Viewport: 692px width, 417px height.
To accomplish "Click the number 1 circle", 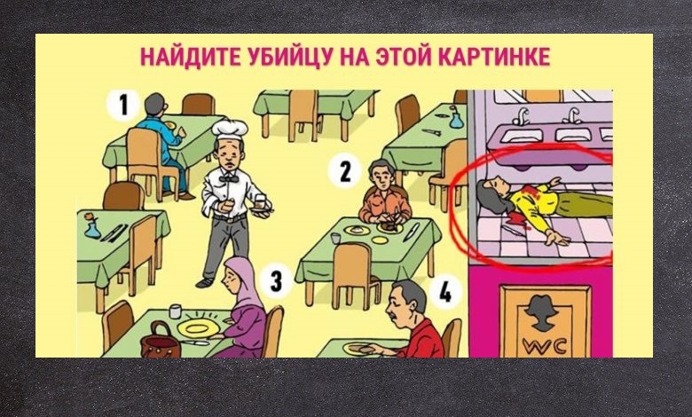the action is (123, 106).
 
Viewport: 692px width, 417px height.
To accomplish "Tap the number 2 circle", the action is (345, 170).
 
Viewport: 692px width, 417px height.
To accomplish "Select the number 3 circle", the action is (276, 280).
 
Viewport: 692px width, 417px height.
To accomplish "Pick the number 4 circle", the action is (444, 292).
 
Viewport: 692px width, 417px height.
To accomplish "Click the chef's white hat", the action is (230, 130).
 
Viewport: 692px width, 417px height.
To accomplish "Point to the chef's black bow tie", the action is (229, 178).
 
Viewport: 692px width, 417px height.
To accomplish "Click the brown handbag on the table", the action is (161, 341).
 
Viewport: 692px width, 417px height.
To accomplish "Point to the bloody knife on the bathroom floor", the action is (512, 226).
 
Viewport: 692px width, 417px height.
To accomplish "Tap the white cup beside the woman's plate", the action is (175, 311).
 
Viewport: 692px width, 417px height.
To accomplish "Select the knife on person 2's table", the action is (412, 232).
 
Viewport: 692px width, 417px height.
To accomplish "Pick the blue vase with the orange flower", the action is (92, 225).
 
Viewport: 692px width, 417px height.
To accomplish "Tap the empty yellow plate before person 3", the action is (198, 328).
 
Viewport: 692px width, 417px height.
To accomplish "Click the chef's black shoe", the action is (204, 282).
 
